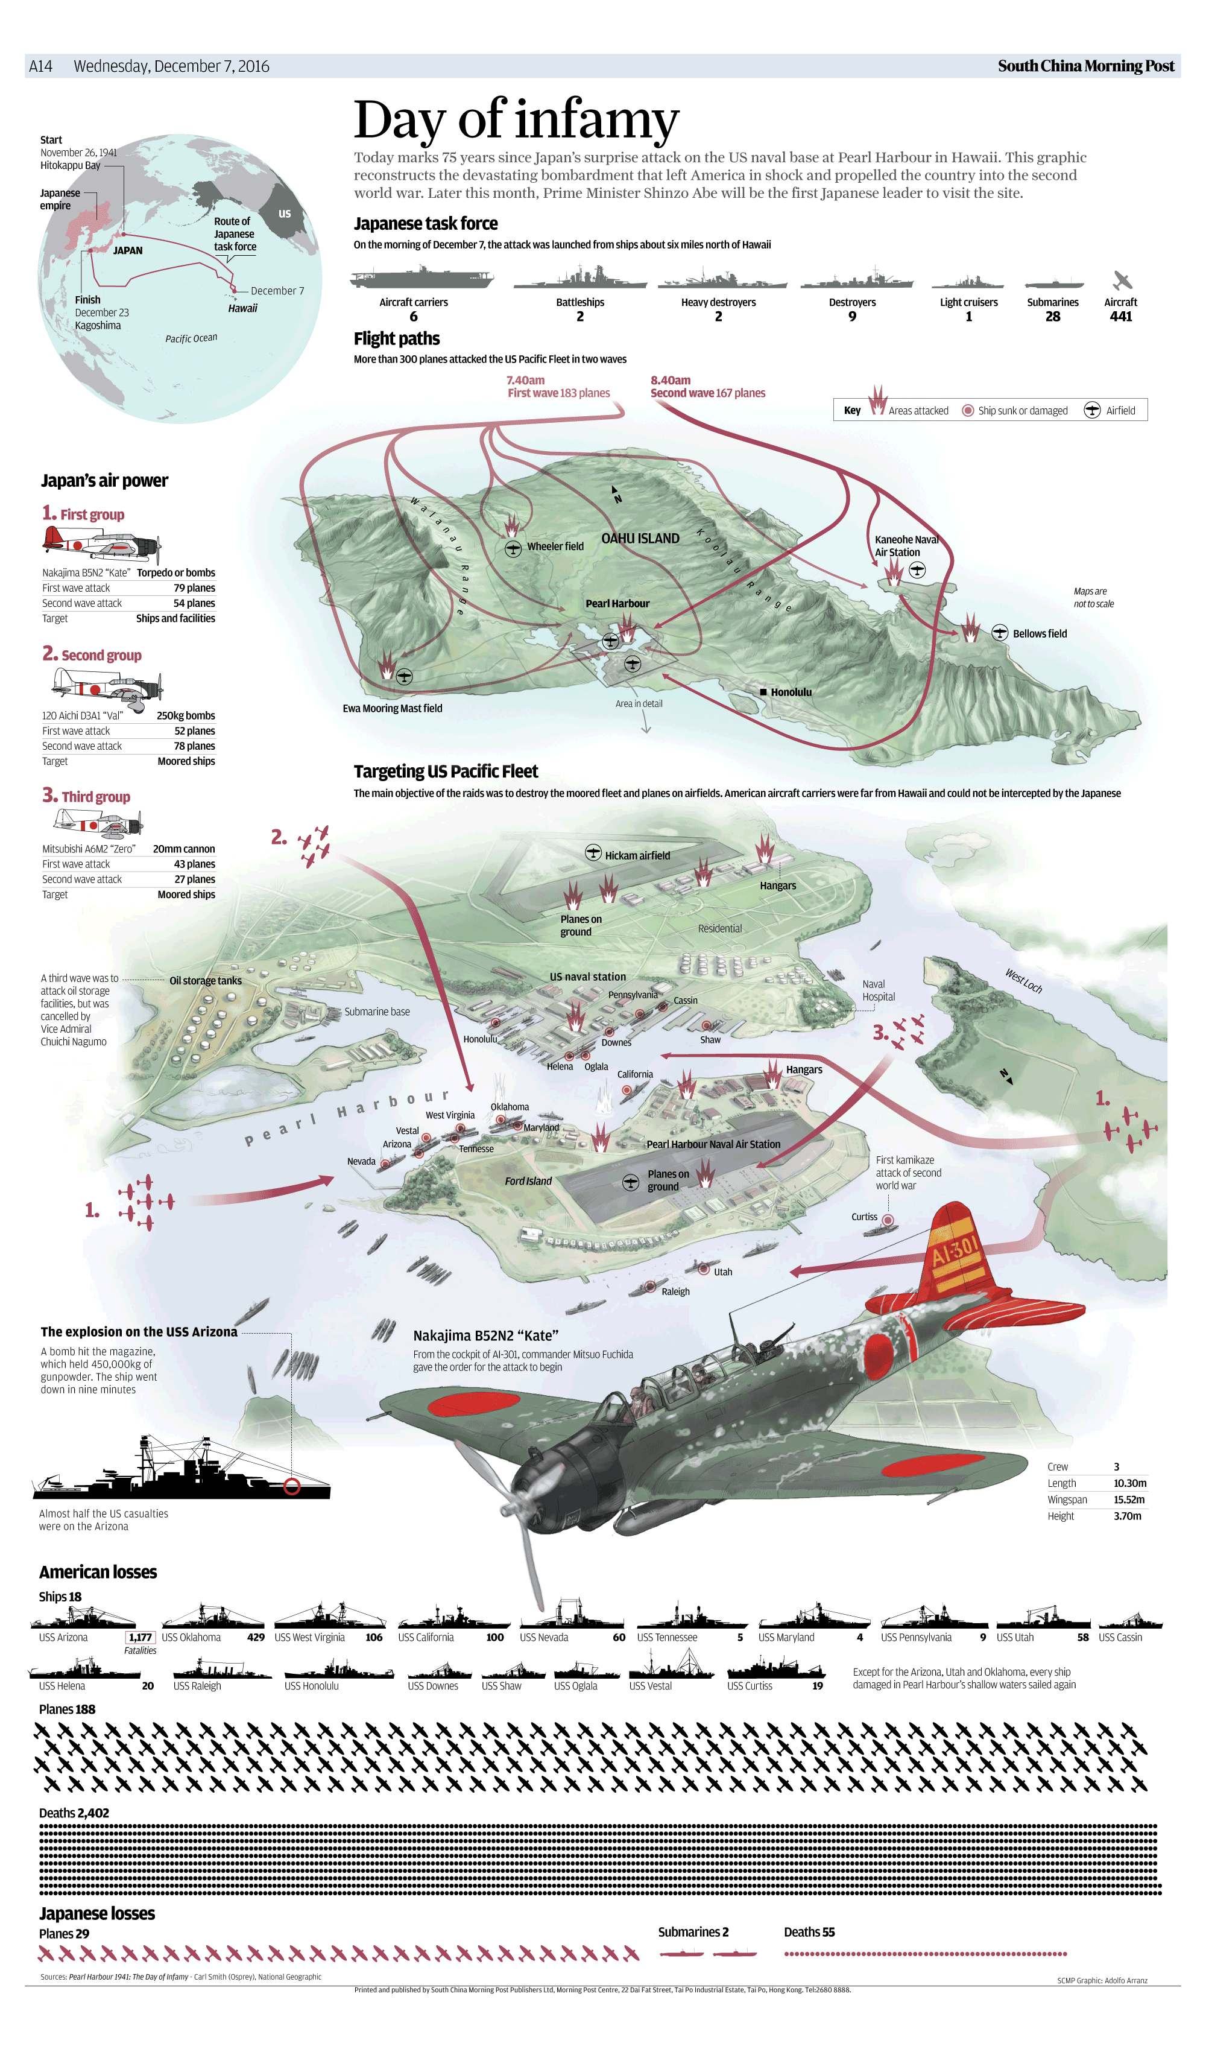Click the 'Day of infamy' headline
click(516, 119)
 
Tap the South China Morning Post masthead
click(1086, 66)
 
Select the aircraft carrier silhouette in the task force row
click(421, 278)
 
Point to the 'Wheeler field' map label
click(555, 546)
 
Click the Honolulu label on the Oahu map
click(791, 692)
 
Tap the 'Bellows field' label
click(1040, 634)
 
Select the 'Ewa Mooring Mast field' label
click(393, 709)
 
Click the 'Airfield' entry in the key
click(1120, 411)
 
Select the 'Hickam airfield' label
click(637, 855)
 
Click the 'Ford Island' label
click(528, 1181)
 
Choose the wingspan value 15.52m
click(1129, 1500)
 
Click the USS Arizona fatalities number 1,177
click(140, 1637)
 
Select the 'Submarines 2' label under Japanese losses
click(693, 1932)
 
